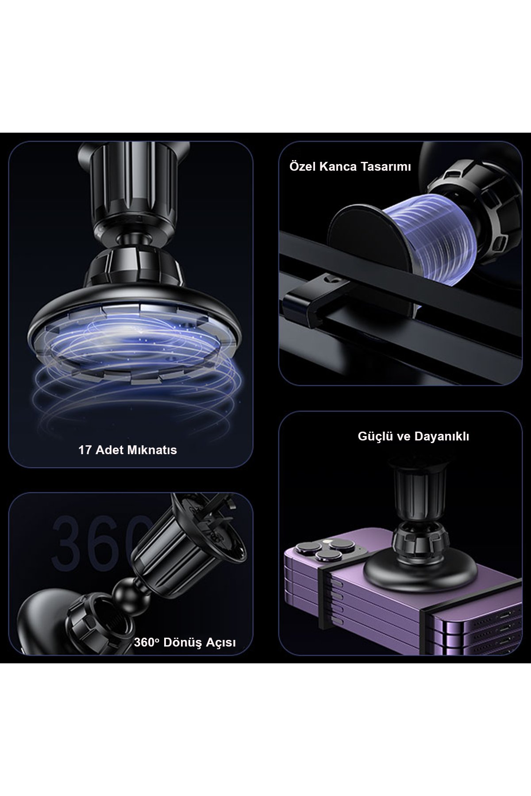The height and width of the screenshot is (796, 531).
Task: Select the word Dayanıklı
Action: click(x=442, y=436)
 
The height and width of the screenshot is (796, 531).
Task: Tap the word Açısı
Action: click(x=220, y=643)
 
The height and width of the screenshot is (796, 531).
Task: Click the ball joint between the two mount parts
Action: click(x=123, y=591)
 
